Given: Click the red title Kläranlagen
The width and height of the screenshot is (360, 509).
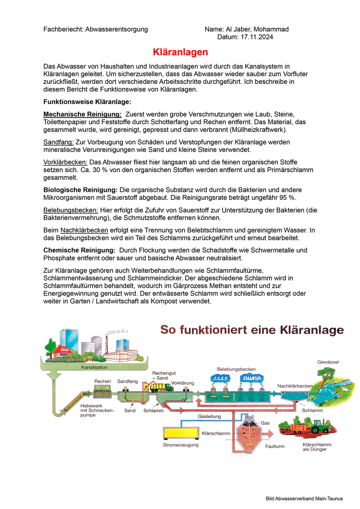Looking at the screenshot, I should click(x=180, y=52).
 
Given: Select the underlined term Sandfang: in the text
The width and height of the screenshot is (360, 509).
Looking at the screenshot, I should click(x=58, y=142).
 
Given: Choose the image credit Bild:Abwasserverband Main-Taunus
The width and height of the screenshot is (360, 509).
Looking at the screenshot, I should click(x=304, y=499).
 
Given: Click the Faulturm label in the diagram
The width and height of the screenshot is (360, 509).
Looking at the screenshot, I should click(x=275, y=446).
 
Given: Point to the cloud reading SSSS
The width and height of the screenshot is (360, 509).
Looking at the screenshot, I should click(x=220, y=378).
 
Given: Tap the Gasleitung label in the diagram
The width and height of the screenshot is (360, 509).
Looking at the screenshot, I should click(x=209, y=417).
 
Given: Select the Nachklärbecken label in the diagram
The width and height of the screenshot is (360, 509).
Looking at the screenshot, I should click(x=295, y=386).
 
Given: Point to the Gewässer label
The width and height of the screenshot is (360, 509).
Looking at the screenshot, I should click(x=328, y=362).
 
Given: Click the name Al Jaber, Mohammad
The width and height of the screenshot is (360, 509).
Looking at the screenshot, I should click(x=257, y=29).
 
